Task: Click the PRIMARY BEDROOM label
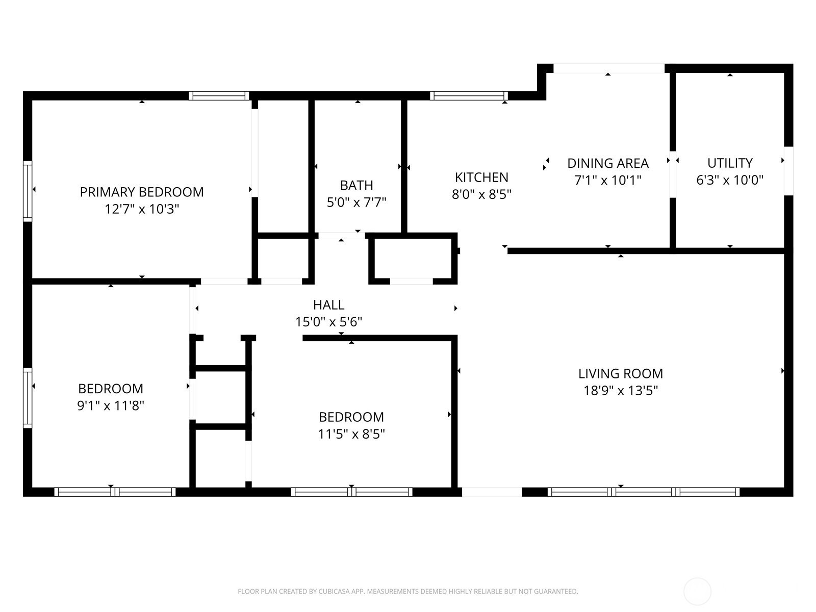142,192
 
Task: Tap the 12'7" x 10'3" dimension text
142,209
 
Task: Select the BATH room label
356,185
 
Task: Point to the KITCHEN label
481,177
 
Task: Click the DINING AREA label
608,163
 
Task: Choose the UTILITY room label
730,163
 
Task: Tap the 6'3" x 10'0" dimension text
730,180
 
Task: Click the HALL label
328,304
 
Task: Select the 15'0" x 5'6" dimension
328,322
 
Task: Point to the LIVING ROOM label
621,373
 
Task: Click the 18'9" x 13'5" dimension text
621,391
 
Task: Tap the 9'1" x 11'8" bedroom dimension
110,405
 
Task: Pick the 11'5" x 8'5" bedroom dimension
351,434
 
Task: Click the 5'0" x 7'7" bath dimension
356,202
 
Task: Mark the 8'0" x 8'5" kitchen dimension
481,194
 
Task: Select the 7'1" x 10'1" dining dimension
608,180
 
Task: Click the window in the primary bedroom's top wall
219,96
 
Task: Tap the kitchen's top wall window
469,96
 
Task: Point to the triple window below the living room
644,492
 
